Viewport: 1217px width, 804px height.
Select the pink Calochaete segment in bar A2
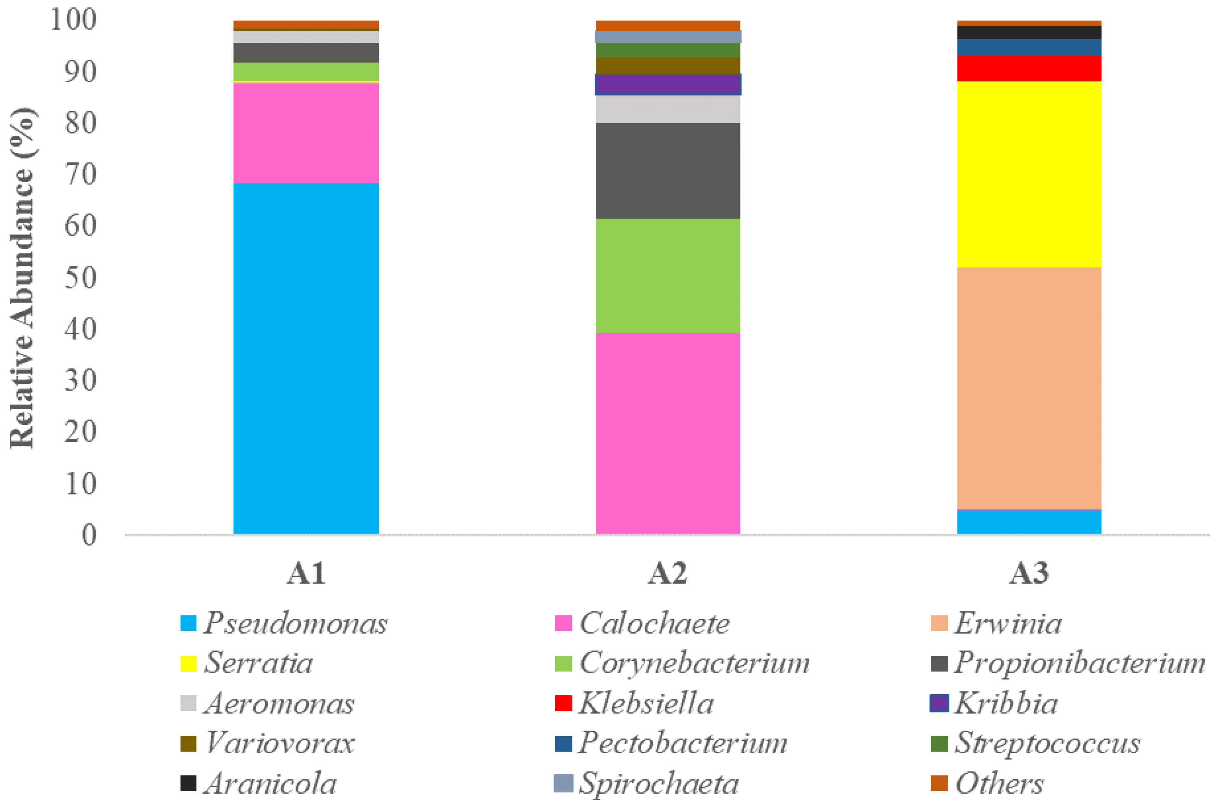[667, 433]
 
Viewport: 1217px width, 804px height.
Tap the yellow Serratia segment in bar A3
[1029, 174]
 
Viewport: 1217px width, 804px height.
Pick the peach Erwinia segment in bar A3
[1029, 388]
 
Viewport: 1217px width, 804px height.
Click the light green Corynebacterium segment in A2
[667, 276]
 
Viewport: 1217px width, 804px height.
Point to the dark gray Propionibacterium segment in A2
[667, 171]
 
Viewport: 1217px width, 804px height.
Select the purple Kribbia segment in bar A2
[667, 85]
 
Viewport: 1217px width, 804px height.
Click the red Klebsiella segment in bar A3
[1029, 68]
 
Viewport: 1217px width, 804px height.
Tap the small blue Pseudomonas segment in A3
[1029, 522]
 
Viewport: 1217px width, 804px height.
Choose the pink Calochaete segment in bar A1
[306, 133]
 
